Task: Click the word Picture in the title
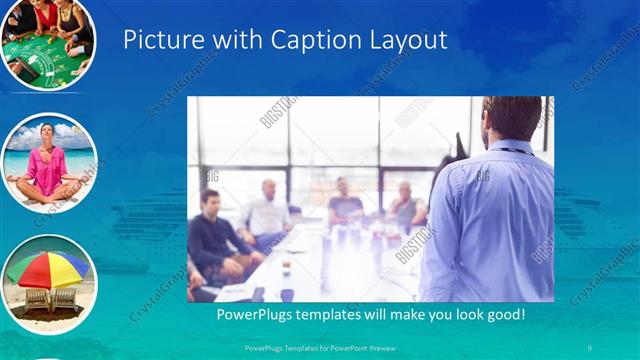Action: point(158,39)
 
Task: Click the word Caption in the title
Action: point(298,39)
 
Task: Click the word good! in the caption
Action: point(500,315)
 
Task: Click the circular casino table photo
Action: point(47,42)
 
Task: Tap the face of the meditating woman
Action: point(46,133)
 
